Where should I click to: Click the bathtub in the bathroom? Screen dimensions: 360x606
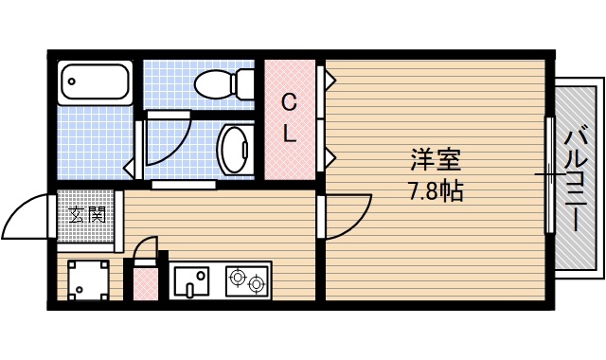click(95, 83)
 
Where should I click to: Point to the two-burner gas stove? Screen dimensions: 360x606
click(247, 280)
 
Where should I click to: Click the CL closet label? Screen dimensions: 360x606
click(290, 117)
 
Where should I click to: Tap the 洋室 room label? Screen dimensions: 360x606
click(435, 158)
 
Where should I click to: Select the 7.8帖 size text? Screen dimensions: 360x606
click(435, 191)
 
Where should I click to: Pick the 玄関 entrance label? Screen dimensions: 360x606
click(88, 214)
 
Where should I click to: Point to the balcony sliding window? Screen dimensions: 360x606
click(548, 175)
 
